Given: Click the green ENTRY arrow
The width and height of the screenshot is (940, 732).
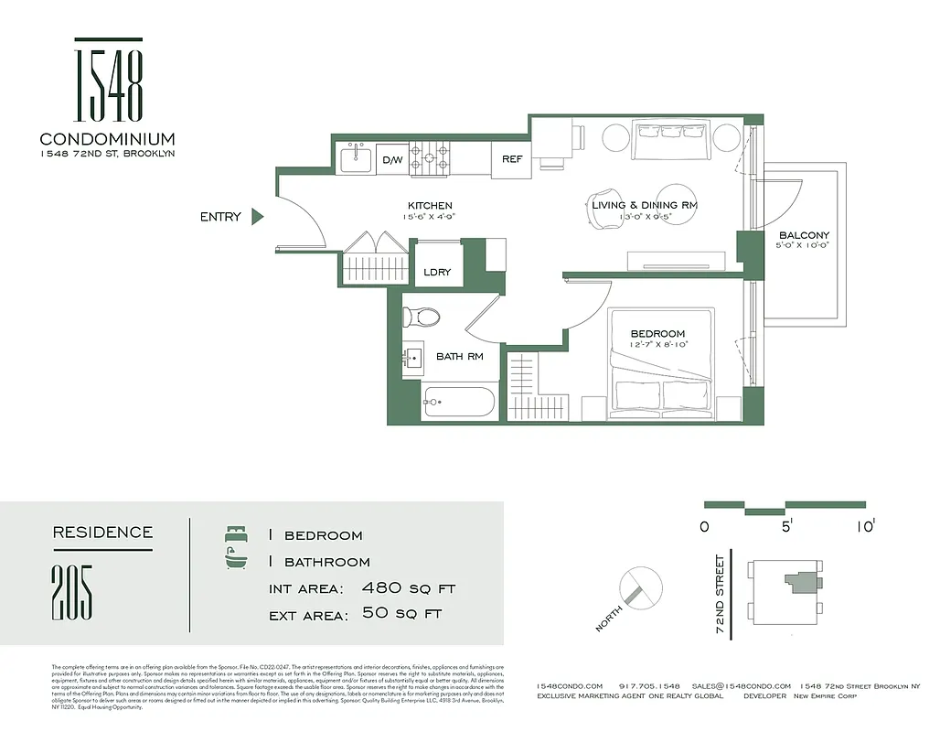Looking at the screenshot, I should tap(257, 217).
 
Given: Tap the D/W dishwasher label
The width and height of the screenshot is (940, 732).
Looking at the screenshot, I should tap(391, 160).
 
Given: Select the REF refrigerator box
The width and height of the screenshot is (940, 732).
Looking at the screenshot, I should tap(512, 159).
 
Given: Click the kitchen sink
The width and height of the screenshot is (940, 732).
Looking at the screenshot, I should tap(355, 159).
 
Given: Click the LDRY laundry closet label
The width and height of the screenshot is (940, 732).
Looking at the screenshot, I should tap(437, 272).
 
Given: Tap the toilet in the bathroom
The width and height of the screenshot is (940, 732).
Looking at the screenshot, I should tap(422, 318).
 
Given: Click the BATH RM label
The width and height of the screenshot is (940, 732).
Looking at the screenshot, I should tap(459, 356).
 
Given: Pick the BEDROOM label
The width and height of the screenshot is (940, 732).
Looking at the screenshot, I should tap(657, 334).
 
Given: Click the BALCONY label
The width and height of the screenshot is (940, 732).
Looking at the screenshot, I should tap(804, 235).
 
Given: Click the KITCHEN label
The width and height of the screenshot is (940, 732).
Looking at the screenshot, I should tap(430, 206).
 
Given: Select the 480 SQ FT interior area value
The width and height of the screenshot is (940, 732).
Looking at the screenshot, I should tap(408, 588).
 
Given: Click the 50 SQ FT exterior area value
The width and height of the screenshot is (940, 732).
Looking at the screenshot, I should tap(402, 614).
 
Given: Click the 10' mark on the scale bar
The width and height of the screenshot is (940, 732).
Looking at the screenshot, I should tap(866, 526).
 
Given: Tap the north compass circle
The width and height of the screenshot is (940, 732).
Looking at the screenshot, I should tap(639, 587).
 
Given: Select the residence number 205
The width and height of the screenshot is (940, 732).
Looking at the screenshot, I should tap(72, 593).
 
